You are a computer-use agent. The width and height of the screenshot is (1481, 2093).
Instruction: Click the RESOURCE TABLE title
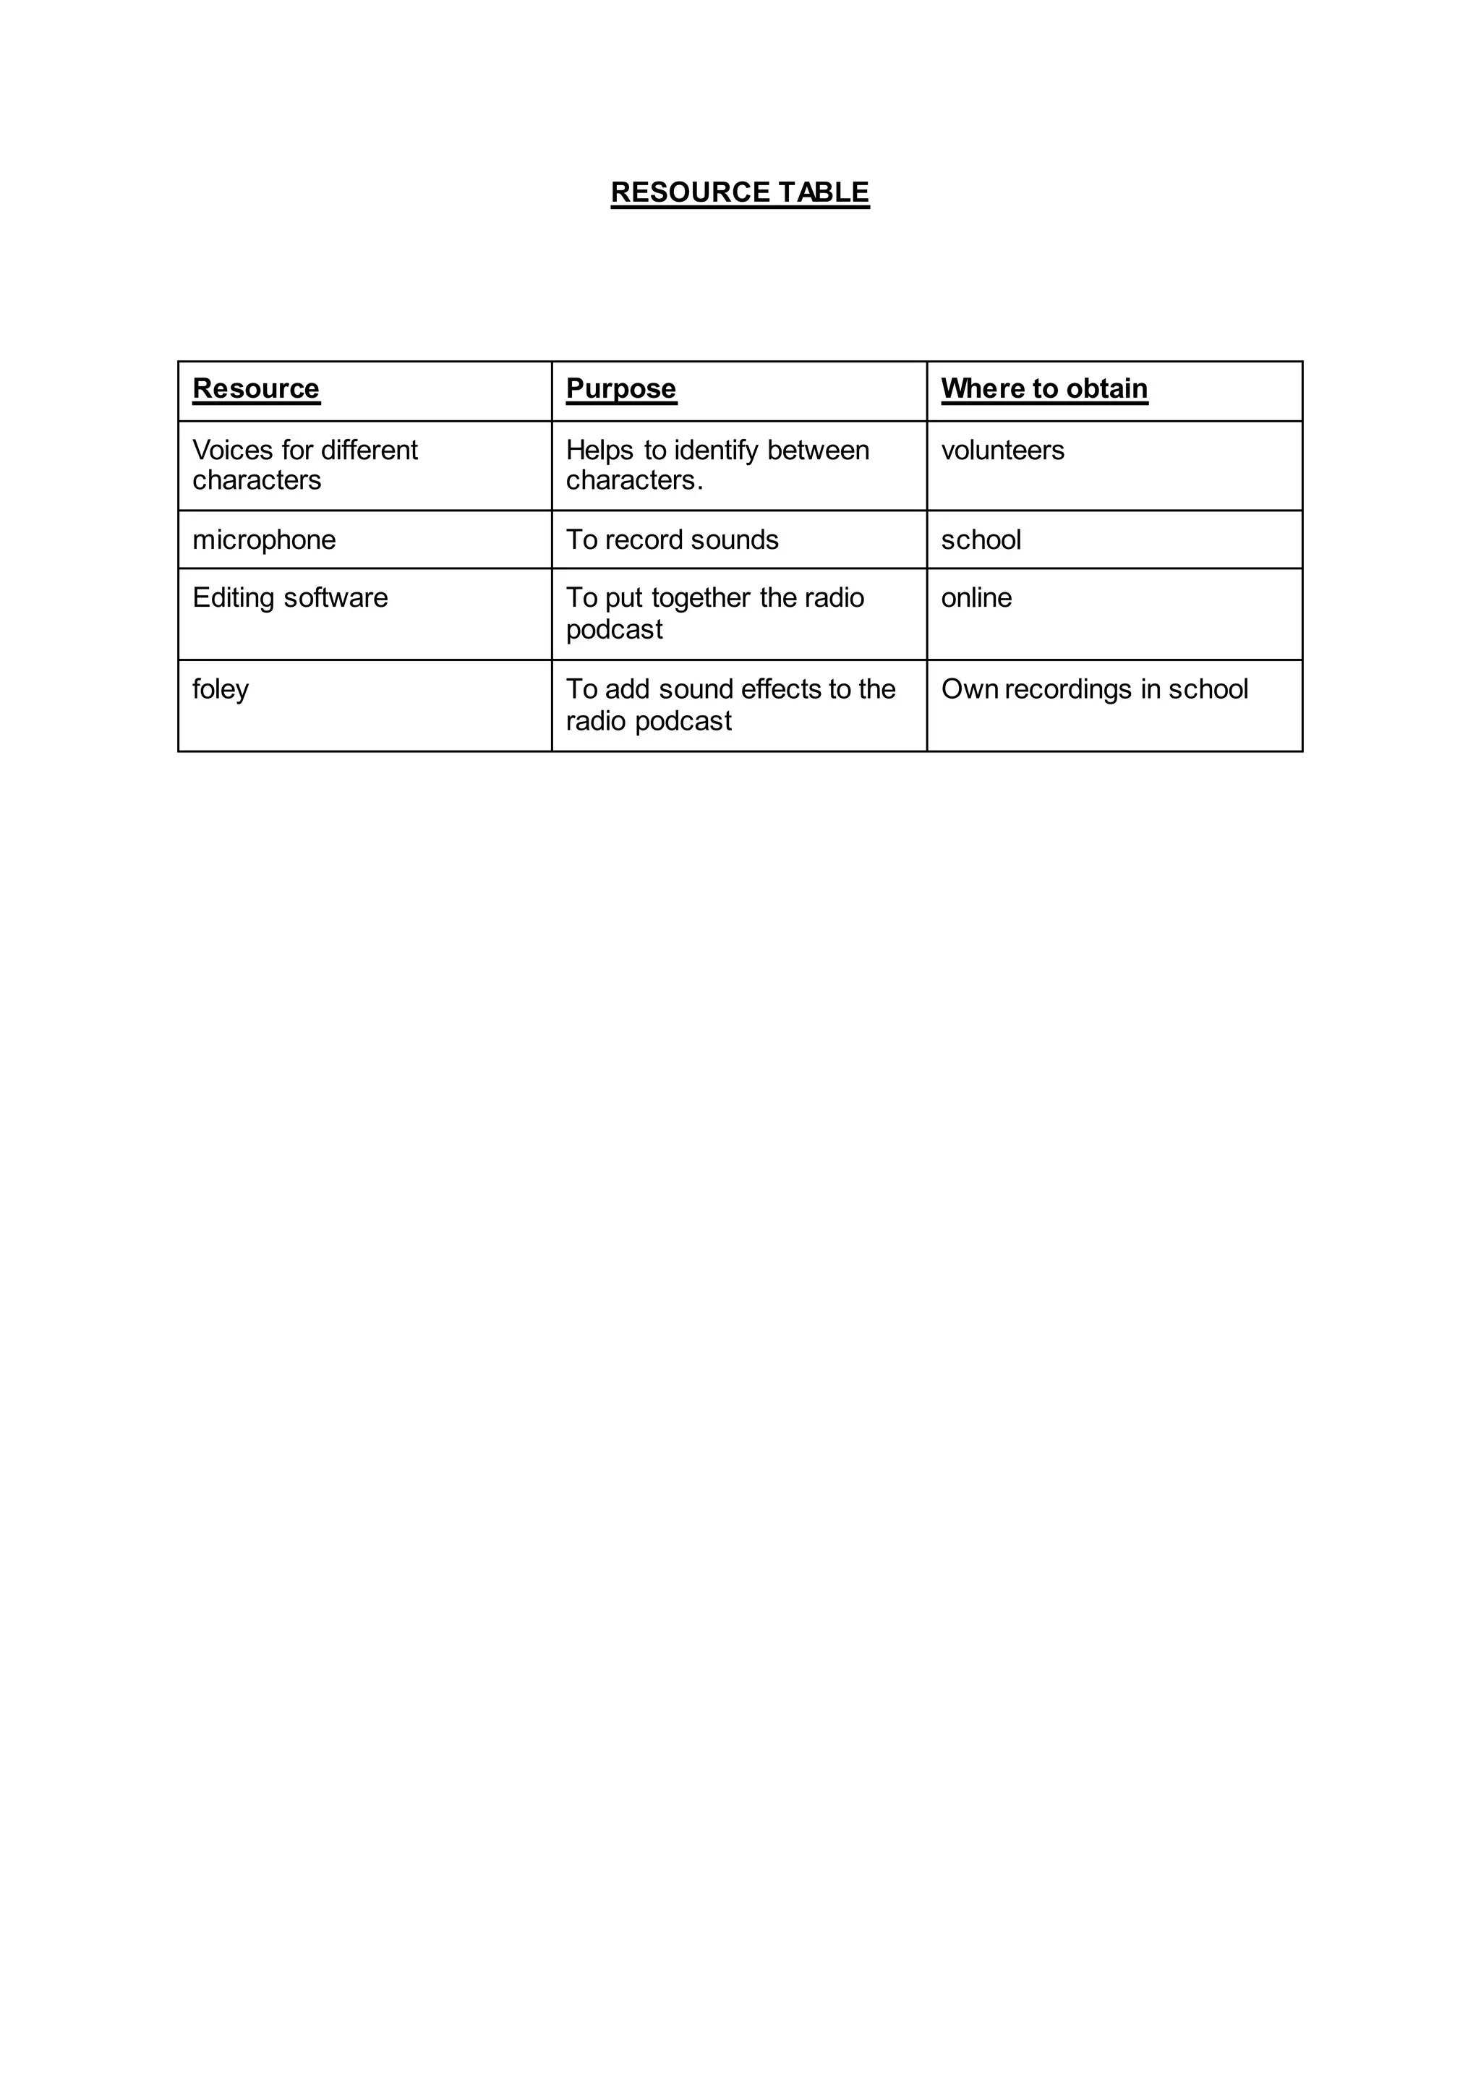740,192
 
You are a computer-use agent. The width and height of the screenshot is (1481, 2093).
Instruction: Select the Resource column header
255,388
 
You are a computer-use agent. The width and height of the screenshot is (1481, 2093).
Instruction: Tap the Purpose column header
621,388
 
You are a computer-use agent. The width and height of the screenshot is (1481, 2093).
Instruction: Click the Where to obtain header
1044,388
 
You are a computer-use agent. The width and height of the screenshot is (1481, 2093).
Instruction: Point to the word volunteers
1002,450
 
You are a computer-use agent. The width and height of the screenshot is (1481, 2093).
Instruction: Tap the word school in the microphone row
981,540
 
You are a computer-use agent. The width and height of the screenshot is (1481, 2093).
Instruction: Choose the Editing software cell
290,597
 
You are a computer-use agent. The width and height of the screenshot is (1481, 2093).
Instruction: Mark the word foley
221,689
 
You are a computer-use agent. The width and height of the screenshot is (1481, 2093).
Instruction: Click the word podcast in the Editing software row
614,629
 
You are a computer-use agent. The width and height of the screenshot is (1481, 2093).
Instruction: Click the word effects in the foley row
782,689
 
